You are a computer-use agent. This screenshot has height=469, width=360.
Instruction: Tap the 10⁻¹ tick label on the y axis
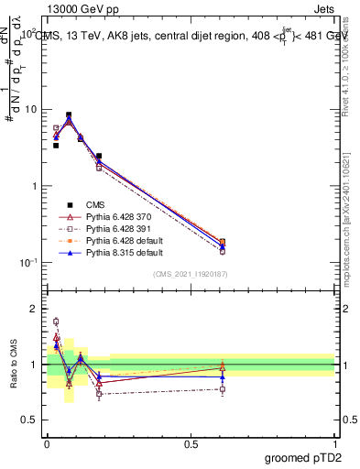click(27, 263)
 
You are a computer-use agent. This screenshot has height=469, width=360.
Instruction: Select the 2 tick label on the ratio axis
click(35, 310)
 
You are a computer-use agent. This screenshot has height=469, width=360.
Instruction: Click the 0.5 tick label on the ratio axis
click(29, 420)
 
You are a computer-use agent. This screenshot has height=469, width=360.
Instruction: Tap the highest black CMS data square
click(69, 115)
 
